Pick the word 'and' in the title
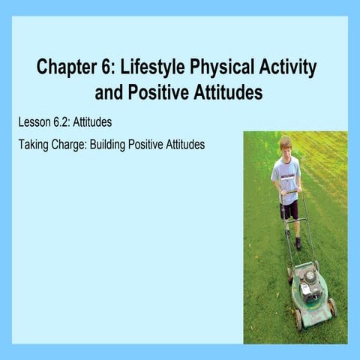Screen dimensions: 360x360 pyautogui.click(x=109, y=93)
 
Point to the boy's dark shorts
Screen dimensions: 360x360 pyautogui.click(x=289, y=208)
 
